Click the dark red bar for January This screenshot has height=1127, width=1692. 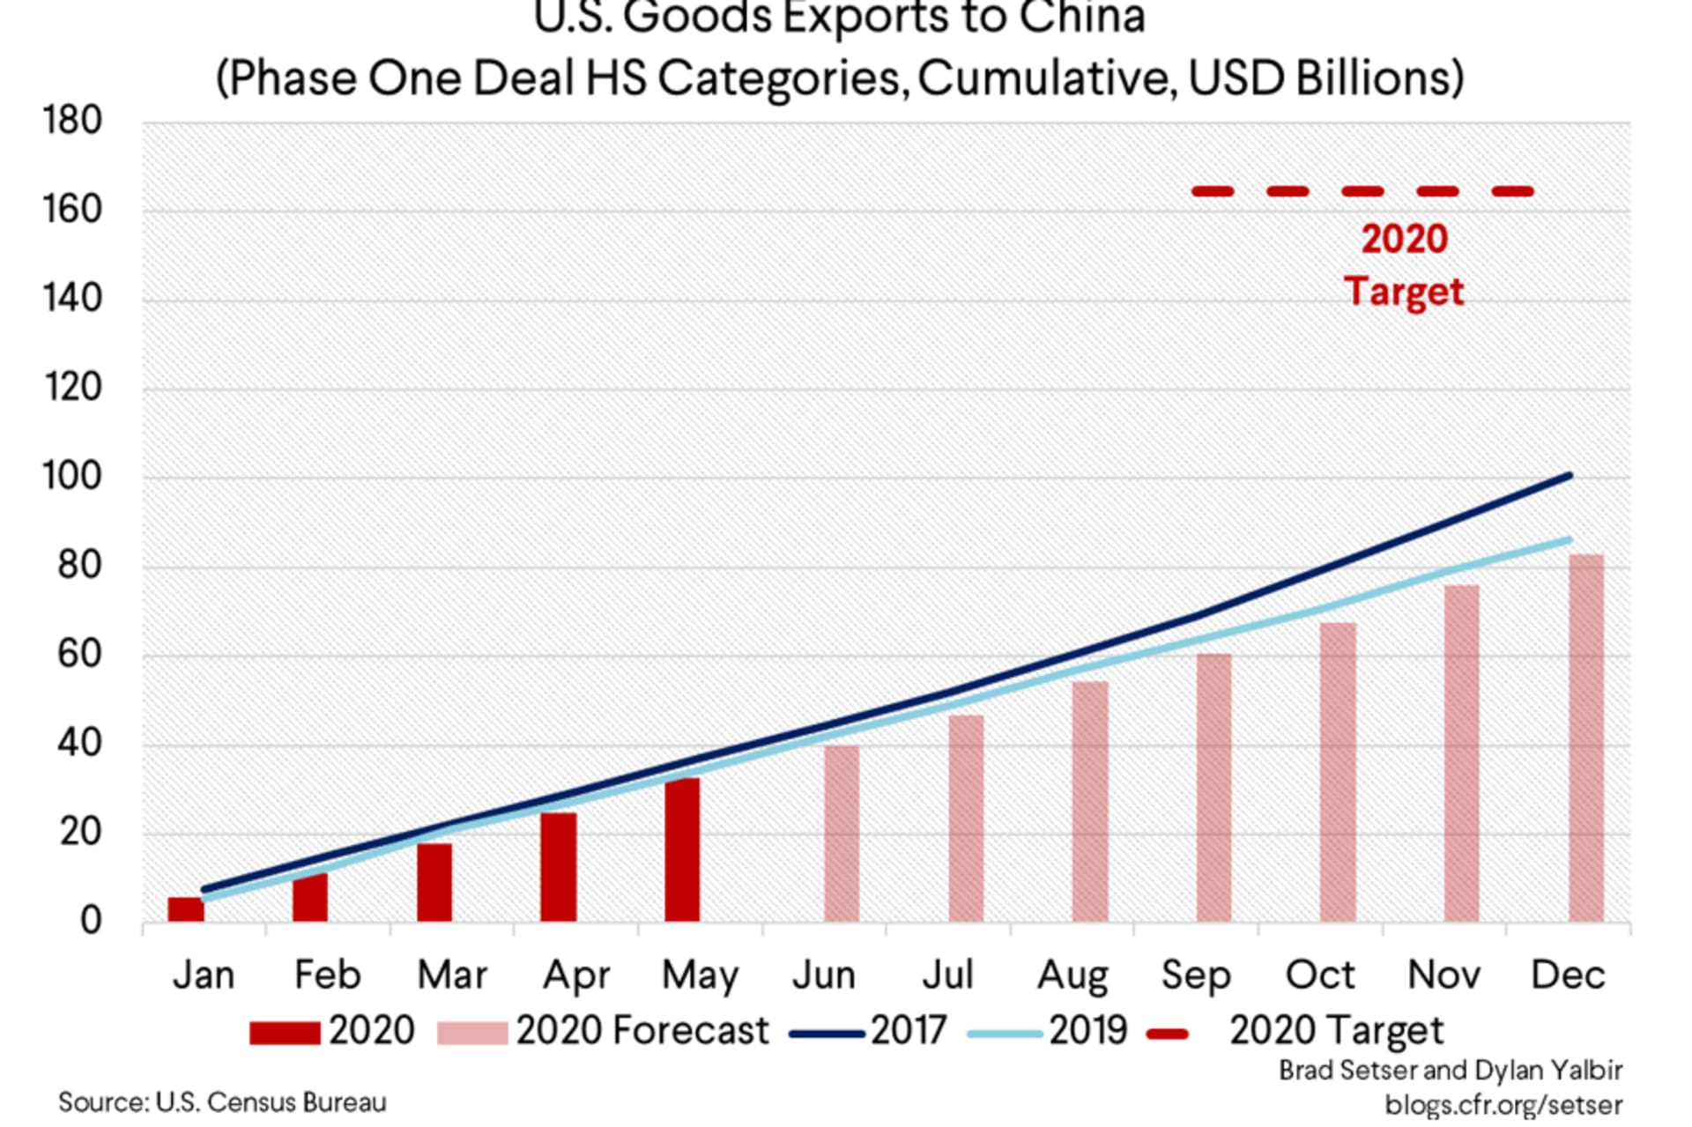(186, 909)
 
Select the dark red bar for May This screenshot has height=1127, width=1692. (682, 849)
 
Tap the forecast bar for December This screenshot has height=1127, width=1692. (1586, 738)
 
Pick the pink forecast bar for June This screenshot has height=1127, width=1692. (842, 834)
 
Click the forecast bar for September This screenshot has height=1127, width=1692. (1213, 788)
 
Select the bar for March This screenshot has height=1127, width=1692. (434, 882)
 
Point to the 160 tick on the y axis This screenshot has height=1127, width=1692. (72, 211)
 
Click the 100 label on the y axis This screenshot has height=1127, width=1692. (72, 477)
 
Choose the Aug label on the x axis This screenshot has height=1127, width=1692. (1072, 975)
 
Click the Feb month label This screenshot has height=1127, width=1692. (327, 975)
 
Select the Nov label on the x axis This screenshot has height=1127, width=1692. (1443, 975)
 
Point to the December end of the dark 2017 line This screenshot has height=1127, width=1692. (1569, 477)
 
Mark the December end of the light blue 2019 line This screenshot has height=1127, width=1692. (1569, 540)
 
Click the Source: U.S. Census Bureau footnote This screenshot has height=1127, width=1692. (222, 1102)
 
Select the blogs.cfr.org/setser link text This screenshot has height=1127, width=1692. (1503, 1105)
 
